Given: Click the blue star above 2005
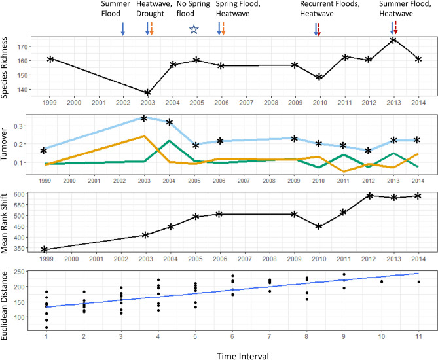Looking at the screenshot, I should (x=193, y=29).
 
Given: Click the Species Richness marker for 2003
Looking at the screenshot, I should (x=147, y=92).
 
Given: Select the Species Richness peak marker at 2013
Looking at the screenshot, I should (x=392, y=40).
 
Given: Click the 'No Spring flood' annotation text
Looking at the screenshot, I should (x=193, y=9).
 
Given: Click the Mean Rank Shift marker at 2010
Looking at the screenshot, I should (x=319, y=226).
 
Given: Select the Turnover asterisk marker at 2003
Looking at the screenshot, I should (x=144, y=118).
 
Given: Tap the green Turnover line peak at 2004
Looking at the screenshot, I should (x=169, y=141).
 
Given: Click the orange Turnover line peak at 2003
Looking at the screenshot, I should (x=144, y=136).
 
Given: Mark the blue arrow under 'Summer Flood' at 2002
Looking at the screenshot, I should (x=122, y=28).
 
